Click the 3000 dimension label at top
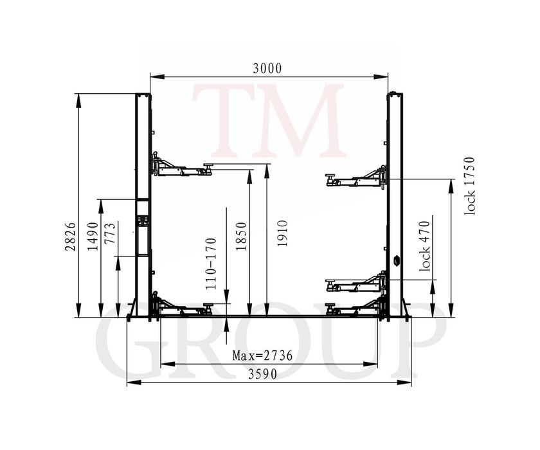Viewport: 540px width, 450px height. [x=267, y=69]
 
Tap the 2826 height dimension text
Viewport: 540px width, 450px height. [x=70, y=236]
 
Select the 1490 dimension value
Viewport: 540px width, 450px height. [x=93, y=236]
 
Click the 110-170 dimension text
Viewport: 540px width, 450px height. [x=211, y=264]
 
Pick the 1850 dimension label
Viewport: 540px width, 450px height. [x=241, y=236]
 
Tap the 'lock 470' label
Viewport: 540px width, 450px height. [x=425, y=246]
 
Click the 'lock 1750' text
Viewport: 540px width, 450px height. [x=469, y=186]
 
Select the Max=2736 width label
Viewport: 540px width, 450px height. [x=262, y=355]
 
